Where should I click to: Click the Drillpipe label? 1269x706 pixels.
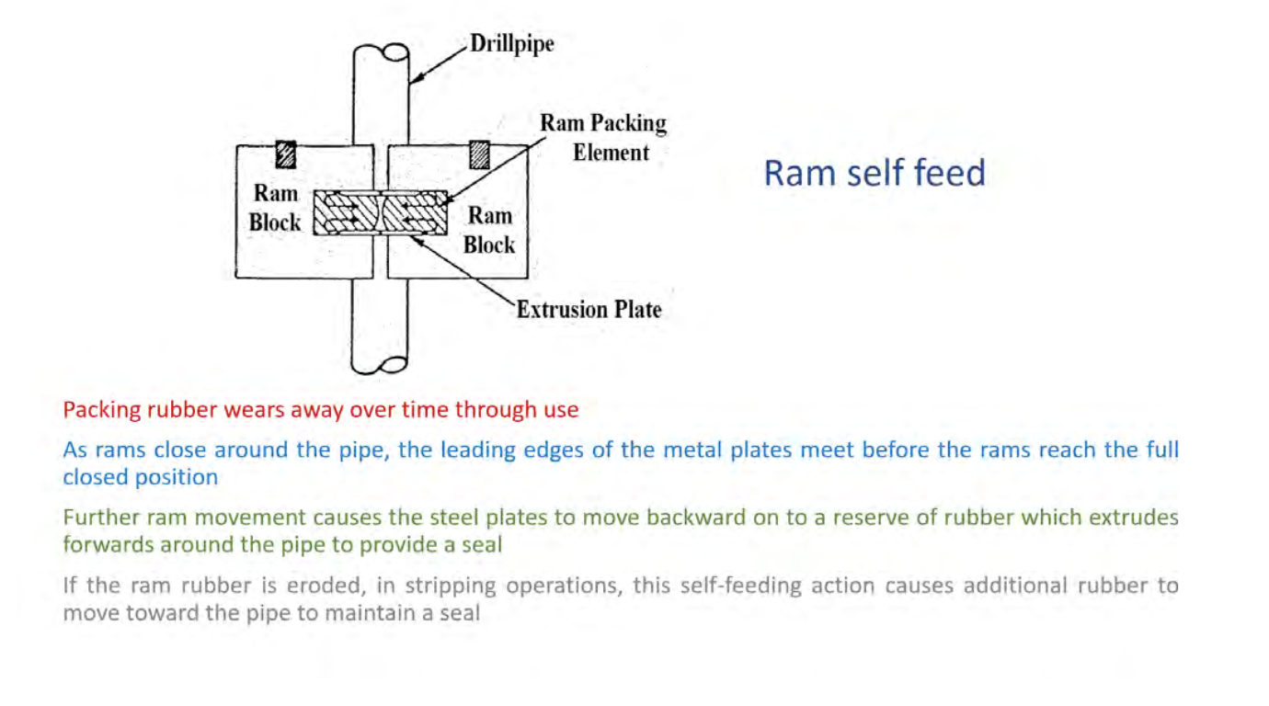click(x=512, y=43)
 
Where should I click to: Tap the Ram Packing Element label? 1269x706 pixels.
click(x=602, y=137)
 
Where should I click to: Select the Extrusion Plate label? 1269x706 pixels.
click(x=589, y=309)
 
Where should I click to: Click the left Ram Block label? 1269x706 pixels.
click(x=275, y=208)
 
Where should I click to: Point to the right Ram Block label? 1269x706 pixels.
click(x=489, y=230)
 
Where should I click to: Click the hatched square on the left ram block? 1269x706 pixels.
click(x=286, y=154)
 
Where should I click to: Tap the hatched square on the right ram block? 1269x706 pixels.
click(x=479, y=154)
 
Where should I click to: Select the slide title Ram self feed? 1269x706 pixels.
click(x=874, y=173)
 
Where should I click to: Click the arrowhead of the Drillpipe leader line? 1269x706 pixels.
click(x=413, y=81)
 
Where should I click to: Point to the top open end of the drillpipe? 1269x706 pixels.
click(x=382, y=52)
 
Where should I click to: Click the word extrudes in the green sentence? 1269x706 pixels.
click(x=1138, y=517)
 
